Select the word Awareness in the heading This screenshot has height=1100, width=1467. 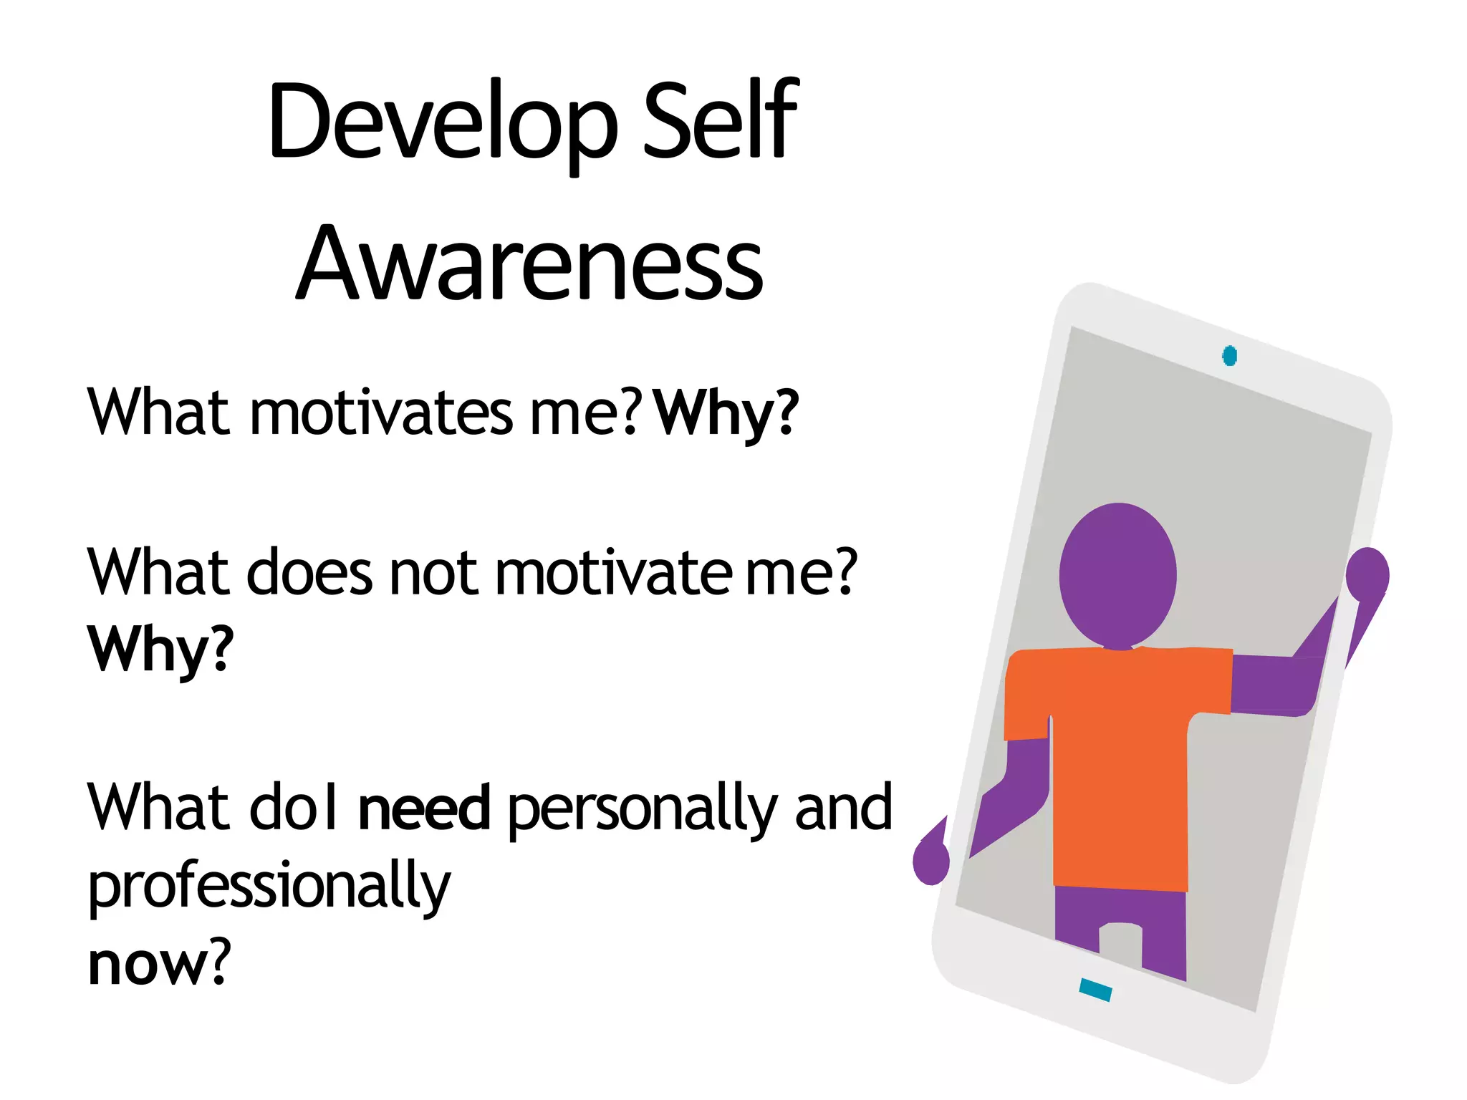point(530,264)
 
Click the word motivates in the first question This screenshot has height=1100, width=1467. point(380,413)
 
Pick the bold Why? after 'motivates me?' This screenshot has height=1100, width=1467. point(726,414)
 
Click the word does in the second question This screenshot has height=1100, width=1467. point(309,573)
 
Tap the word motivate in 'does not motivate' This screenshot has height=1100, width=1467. point(613,573)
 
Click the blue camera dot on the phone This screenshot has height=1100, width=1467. point(1229,355)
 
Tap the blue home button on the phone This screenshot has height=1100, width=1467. point(1095,990)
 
